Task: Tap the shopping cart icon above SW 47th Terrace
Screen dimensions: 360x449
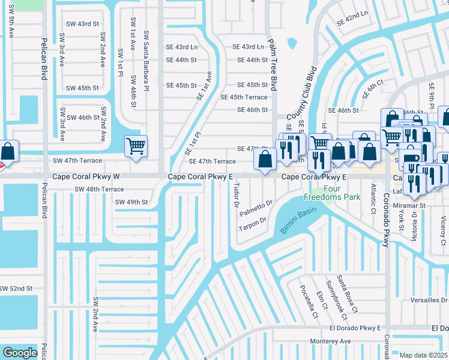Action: (x=136, y=146)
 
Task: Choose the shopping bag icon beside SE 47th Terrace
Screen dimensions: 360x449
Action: (x=264, y=159)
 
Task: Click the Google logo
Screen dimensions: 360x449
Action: (x=20, y=352)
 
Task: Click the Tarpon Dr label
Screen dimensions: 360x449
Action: (x=252, y=224)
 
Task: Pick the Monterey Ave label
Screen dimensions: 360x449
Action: (x=330, y=341)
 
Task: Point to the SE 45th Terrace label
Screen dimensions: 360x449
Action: (x=244, y=97)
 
